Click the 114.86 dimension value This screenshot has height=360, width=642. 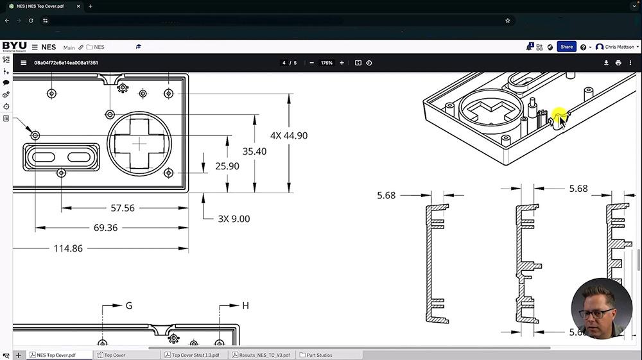pyautogui.click(x=68, y=248)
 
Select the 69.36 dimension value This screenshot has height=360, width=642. pyautogui.click(x=105, y=228)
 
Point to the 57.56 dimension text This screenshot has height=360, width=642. pyautogui.click(x=123, y=208)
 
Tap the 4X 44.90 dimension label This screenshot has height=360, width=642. pyautogui.click(x=288, y=136)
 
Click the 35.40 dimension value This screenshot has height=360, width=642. pyautogui.click(x=254, y=151)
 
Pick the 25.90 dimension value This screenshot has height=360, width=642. pyautogui.click(x=227, y=166)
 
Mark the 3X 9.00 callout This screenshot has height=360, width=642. pyautogui.click(x=234, y=219)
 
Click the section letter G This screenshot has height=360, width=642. pyautogui.click(x=128, y=306)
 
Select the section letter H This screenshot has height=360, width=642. pyautogui.click(x=245, y=306)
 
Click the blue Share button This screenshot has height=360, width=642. pyautogui.click(x=566, y=47)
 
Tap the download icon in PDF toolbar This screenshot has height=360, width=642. pyautogui.click(x=606, y=63)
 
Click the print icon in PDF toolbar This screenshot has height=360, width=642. pyautogui.click(x=618, y=63)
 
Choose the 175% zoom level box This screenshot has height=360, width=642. pyautogui.click(x=327, y=63)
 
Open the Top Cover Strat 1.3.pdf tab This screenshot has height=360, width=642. pyautogui.click(x=195, y=355)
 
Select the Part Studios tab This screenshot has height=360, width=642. pyautogui.click(x=320, y=355)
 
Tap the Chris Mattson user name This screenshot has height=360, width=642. pyautogui.click(x=620, y=47)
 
